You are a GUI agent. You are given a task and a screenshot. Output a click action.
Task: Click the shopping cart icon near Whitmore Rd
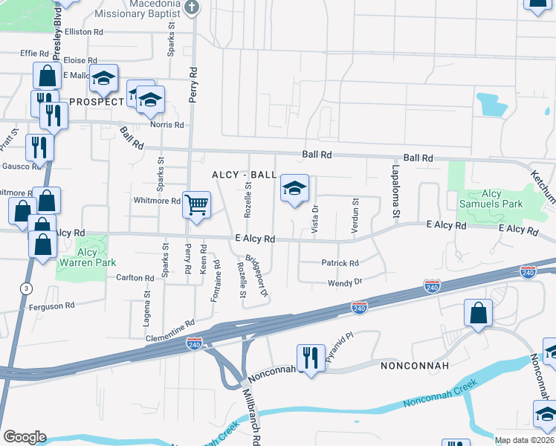point(196,204)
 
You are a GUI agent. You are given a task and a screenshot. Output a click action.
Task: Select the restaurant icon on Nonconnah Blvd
point(308,357)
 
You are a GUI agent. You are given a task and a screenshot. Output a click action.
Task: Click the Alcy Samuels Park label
point(502,198)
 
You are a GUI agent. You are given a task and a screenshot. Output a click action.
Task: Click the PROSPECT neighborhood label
point(97,101)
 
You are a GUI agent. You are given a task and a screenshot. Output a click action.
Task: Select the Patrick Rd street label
point(340,263)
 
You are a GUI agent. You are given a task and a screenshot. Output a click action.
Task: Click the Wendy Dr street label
point(345,282)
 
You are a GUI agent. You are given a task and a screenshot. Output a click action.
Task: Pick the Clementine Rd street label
point(169,324)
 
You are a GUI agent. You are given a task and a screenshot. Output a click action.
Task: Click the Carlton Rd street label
point(135,278)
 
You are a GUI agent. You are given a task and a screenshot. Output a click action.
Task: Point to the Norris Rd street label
point(167,125)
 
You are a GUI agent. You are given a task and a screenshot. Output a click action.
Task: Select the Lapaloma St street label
point(395,193)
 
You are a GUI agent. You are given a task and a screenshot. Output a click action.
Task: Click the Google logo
point(24,437)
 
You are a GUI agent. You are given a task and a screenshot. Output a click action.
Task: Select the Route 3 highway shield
point(27,288)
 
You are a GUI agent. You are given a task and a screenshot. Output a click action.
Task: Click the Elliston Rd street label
point(83,33)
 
